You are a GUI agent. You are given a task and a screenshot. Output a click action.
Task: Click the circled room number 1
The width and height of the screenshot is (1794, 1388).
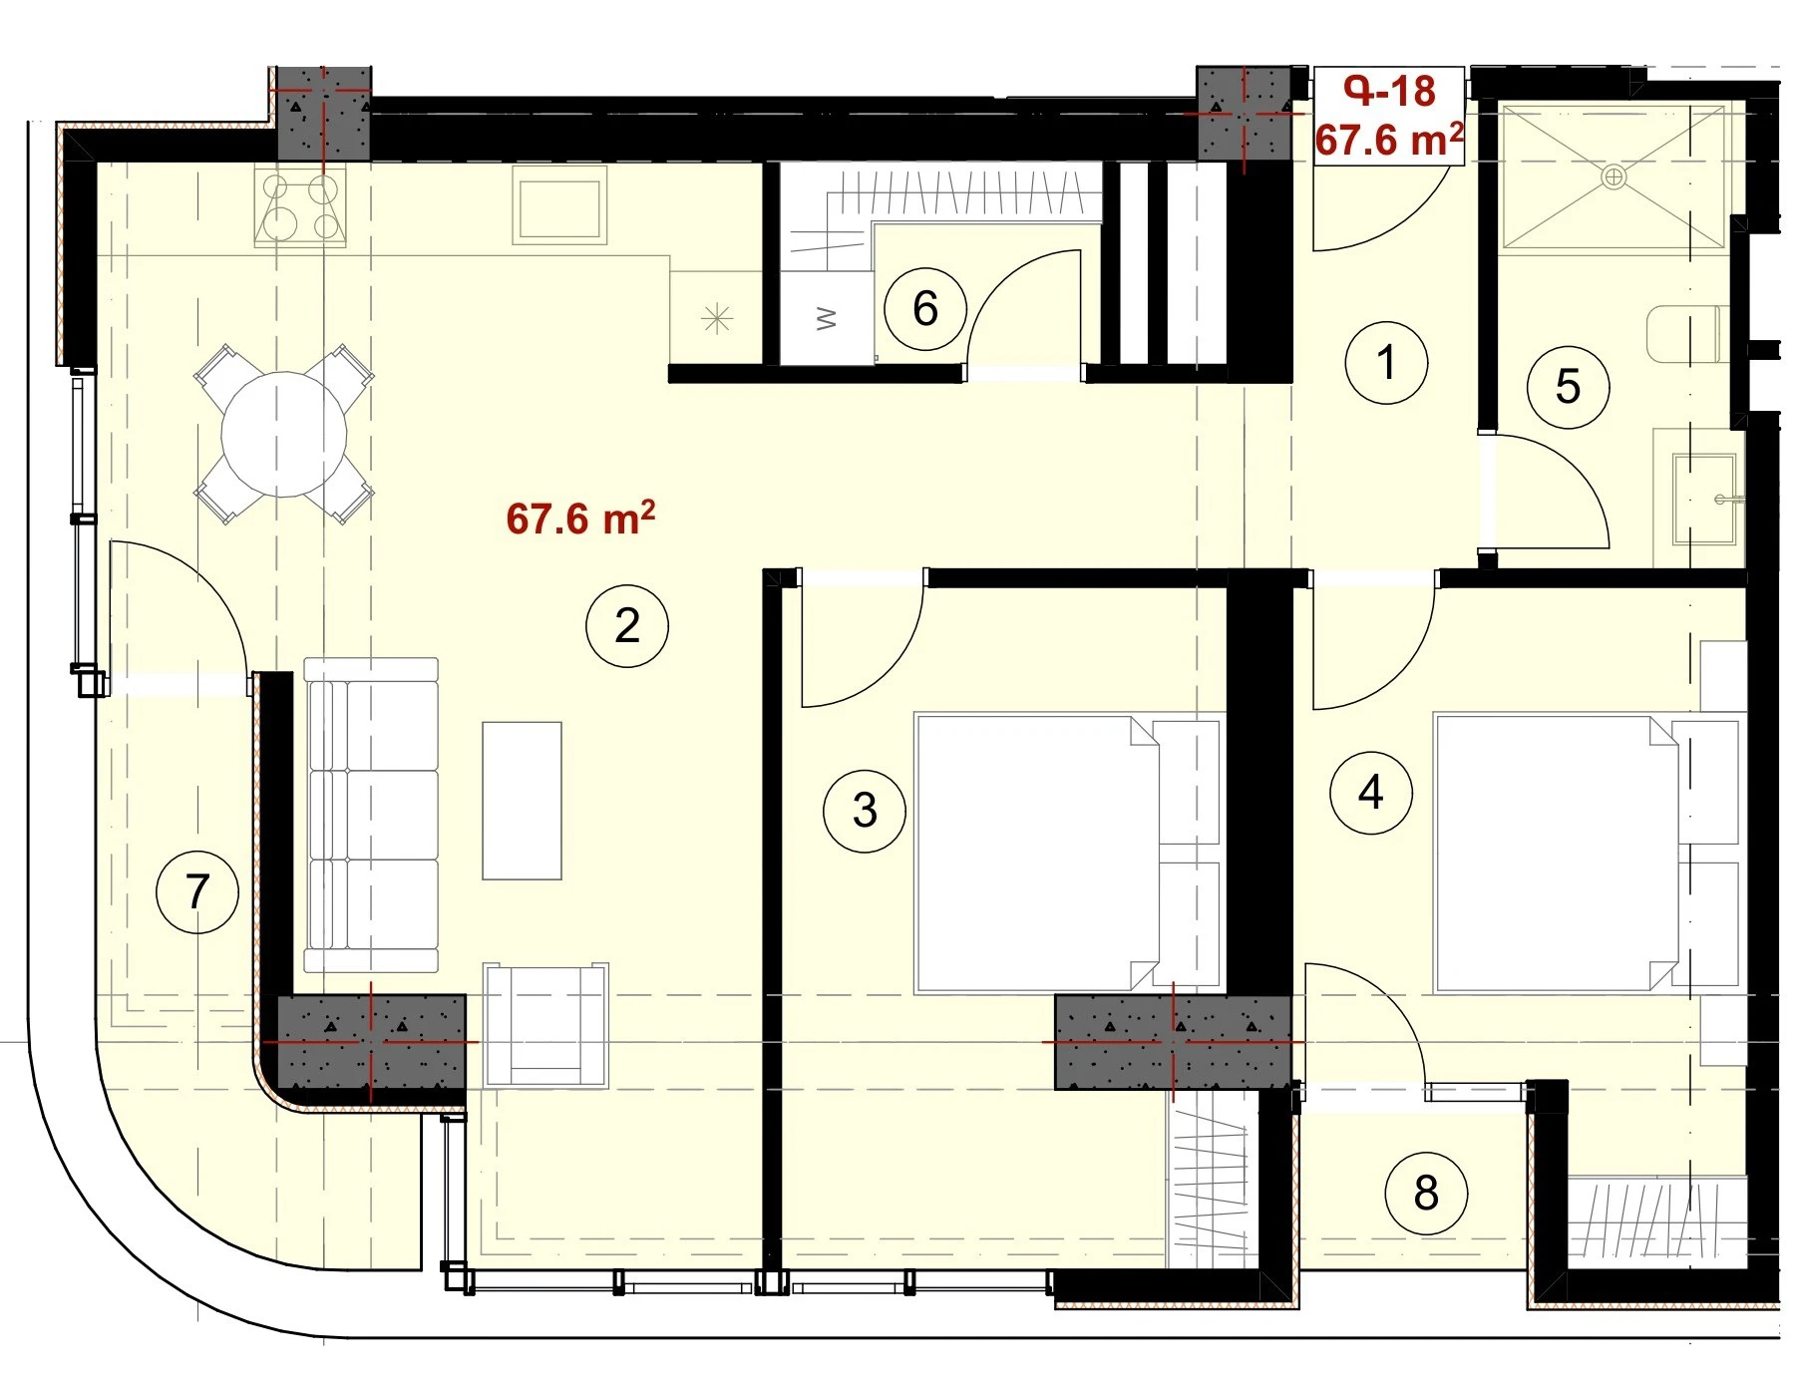tap(1386, 362)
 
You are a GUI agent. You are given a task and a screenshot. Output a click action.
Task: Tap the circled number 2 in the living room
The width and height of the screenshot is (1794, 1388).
tap(627, 625)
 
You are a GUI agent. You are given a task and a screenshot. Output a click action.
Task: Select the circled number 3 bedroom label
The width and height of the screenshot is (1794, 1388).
tap(865, 811)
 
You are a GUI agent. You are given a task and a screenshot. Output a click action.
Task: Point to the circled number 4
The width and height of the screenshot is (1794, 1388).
tap(1371, 793)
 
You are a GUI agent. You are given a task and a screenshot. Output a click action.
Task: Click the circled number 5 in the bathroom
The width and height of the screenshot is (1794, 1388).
tap(1569, 387)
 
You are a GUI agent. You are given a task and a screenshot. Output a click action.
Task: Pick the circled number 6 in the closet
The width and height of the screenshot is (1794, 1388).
tap(925, 309)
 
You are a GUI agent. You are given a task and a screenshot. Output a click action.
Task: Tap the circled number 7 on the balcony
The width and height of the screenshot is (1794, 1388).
tap(197, 891)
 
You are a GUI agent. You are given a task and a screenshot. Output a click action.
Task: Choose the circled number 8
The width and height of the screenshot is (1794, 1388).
tap(1426, 1193)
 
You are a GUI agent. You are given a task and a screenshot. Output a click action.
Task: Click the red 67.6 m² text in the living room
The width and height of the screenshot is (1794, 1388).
tap(580, 519)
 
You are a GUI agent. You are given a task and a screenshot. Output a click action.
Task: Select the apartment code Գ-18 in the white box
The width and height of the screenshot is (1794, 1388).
tap(1389, 91)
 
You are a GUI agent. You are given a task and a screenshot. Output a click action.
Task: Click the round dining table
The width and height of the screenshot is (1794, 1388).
tap(284, 435)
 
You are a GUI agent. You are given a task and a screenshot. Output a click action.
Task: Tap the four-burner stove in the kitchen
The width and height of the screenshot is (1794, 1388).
tap(301, 206)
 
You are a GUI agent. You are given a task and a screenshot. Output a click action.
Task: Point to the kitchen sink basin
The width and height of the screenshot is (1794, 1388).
tap(559, 205)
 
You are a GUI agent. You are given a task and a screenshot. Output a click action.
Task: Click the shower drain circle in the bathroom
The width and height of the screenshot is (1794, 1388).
tap(1614, 177)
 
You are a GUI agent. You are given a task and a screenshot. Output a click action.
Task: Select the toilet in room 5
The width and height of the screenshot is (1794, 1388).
tap(1685, 334)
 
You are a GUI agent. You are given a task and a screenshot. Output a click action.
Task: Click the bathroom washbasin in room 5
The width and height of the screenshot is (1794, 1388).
tap(1704, 499)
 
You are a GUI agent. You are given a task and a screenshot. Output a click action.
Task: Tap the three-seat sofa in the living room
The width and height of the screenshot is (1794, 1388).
tap(371, 815)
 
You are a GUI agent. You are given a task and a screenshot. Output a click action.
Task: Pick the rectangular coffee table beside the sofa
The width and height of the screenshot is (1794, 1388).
tap(522, 801)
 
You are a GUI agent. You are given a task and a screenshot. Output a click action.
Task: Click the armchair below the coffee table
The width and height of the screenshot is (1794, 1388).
tap(545, 1025)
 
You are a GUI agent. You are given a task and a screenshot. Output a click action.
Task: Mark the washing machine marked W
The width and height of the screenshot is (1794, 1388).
tap(828, 318)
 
